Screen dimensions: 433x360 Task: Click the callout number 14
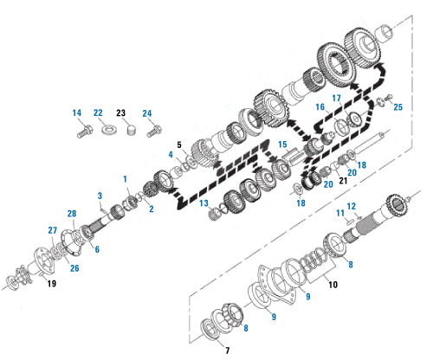77,112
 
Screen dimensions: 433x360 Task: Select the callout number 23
121,112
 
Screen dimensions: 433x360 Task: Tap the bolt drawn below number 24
154,132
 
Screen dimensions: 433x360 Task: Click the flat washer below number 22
109,129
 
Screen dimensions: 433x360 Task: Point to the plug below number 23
132,130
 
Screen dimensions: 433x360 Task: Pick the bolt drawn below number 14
85,132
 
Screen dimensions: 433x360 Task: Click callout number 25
398,107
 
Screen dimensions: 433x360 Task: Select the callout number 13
204,203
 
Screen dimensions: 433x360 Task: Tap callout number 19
52,284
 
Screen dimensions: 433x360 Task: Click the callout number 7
228,350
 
